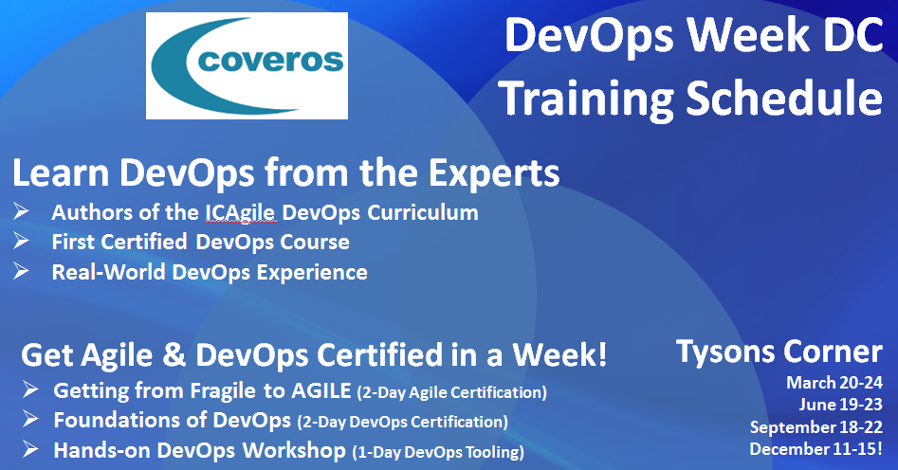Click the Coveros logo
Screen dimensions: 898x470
(247, 65)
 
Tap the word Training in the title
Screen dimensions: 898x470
(587, 99)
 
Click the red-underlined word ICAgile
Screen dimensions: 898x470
(240, 213)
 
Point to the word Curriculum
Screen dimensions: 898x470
(423, 212)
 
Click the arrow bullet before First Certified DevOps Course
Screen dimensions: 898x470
(21, 241)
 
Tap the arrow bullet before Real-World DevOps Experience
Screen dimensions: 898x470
(21, 270)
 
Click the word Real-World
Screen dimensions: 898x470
(109, 272)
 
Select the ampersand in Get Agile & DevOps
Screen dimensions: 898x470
(174, 355)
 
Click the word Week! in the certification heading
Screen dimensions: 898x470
(559, 355)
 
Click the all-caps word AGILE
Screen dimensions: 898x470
(321, 390)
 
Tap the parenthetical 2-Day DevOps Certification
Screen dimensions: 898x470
(403, 422)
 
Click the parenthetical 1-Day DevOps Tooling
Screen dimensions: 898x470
(438, 452)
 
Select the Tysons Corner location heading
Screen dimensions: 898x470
(779, 352)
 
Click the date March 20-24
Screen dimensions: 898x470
(834, 383)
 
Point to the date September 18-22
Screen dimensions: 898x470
(816, 427)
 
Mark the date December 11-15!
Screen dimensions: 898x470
(816, 449)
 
